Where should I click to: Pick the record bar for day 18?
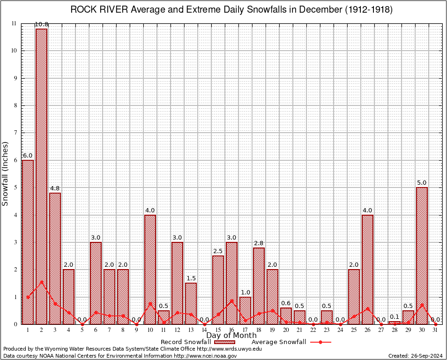[259, 285]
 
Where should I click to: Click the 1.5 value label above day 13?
[191, 278]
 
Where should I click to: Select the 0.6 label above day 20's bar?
[286, 303]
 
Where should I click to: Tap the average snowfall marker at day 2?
[41, 282]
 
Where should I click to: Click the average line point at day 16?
[231, 301]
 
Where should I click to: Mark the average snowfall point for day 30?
[422, 305]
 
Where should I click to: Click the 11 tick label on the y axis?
[14, 23]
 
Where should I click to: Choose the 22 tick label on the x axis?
[313, 330]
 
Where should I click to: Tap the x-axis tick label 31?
[435, 330]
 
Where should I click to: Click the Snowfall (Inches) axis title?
[6, 173]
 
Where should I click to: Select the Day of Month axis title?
[231, 336]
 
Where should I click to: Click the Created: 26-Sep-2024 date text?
[416, 356]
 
